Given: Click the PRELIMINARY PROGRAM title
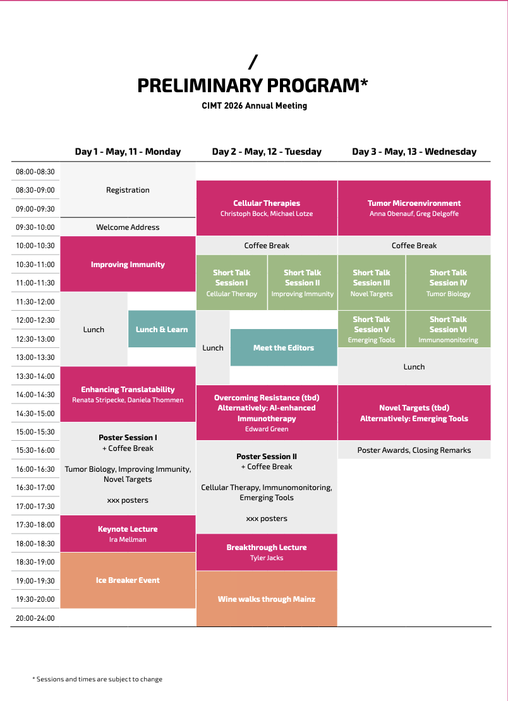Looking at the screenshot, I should coord(253,85).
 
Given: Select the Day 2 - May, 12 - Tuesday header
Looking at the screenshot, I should coord(267,152).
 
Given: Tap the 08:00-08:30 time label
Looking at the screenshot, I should coord(35,171).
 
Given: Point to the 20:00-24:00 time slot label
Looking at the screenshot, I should coord(35,618).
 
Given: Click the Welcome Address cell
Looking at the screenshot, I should coord(128,227).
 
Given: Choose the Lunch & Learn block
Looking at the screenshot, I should coord(162,329).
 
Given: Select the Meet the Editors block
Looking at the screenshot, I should coord(283,347).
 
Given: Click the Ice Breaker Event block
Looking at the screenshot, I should coord(128,580).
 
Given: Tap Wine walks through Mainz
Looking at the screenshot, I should coord(267,599).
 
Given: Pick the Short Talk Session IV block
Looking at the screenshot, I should coord(448,282).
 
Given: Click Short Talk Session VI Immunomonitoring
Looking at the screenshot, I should coord(448,329).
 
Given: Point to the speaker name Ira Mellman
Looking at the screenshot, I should coord(128,540).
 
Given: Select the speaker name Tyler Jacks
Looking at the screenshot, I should coord(267,558).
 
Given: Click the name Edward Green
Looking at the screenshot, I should coord(267,429).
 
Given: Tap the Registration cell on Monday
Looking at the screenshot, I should coord(128,190).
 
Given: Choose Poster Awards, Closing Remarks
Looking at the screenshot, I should coord(414,450).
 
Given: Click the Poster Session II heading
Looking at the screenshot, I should coord(267,457).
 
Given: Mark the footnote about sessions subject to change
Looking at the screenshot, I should coord(97,680).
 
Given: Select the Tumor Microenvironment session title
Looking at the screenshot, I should coord(414,203).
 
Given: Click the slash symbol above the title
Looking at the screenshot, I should coord(253,62).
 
